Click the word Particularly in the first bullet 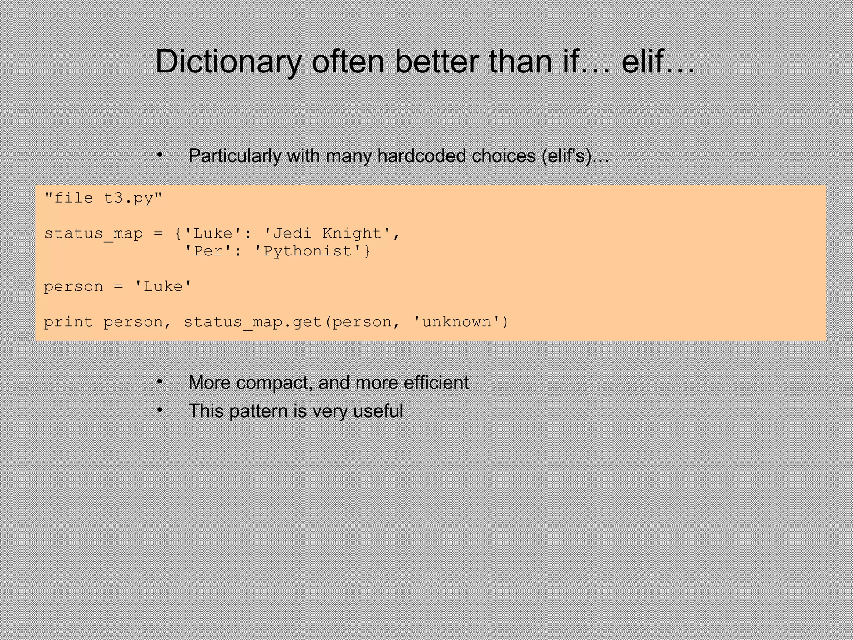(x=234, y=156)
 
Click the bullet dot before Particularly (x=159, y=155)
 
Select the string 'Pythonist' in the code (x=308, y=251)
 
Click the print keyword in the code (x=68, y=322)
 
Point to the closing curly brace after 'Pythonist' (x=367, y=251)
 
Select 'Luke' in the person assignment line (x=163, y=287)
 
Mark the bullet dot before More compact (x=159, y=382)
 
